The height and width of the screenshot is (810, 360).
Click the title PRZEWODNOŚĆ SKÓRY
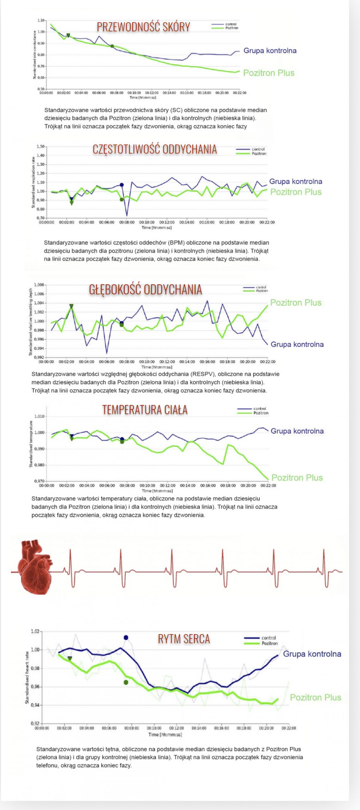coord(143,27)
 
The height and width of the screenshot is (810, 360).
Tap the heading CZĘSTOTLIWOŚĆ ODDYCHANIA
coord(155,149)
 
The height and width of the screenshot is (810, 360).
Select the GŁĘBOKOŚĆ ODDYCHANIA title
coord(145,290)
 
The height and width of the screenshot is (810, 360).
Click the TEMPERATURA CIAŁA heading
coord(145,410)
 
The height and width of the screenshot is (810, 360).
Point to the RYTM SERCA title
coord(184,639)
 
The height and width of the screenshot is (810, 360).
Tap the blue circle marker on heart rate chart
coord(126,637)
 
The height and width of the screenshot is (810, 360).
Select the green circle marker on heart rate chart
coord(126,682)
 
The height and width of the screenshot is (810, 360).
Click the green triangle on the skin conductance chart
coord(68,35)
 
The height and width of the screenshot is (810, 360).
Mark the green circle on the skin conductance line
coord(112,46)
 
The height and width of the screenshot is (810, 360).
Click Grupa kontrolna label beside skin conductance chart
coord(270,51)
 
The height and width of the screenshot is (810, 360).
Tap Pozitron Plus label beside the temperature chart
coord(297,477)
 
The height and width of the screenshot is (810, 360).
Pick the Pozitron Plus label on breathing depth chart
coord(295,303)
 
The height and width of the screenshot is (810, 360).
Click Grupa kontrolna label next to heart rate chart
coord(312,654)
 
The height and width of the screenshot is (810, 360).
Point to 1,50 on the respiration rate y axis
coord(40,146)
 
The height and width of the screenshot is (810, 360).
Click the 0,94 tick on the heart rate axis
coord(35,705)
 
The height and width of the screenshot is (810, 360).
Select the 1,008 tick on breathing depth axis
coord(39,285)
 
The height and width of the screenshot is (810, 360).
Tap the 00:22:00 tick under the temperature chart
coord(268,485)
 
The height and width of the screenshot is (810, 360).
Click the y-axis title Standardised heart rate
coord(27,677)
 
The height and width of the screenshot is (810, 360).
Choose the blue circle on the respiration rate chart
coord(121,185)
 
